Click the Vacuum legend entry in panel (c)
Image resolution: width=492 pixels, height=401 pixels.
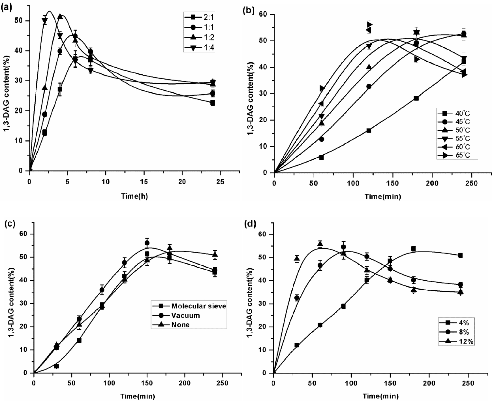point(185,315)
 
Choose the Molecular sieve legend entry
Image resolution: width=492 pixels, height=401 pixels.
point(198,306)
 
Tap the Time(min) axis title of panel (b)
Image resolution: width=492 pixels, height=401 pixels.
point(382,196)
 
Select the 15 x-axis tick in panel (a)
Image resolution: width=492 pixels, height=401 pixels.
point(144,182)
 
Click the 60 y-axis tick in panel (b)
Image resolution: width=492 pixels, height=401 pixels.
point(266,14)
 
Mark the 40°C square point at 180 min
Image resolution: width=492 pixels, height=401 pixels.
point(416,98)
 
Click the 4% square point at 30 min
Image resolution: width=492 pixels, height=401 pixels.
point(297,345)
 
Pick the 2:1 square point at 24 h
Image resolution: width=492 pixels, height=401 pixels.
point(212,103)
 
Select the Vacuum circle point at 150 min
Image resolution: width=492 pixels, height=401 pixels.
point(147,243)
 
